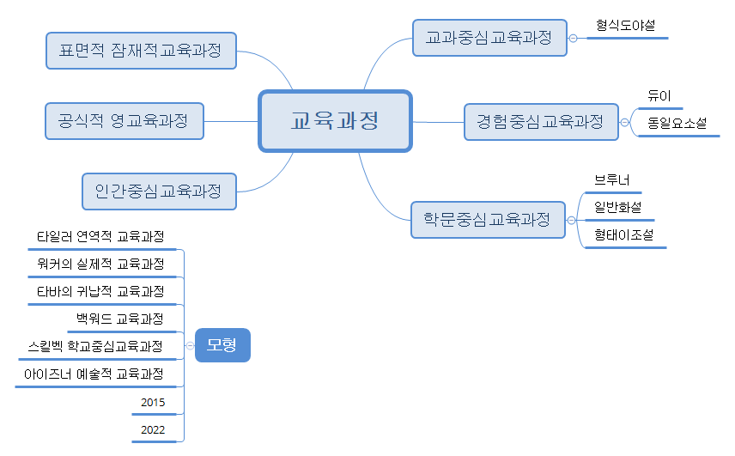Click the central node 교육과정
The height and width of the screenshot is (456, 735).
pyautogui.click(x=335, y=121)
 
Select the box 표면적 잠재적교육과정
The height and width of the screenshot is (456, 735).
pyautogui.click(x=140, y=51)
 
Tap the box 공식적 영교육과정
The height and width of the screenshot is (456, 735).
pyautogui.click(x=124, y=120)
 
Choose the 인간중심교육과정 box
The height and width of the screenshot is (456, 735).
pyautogui.click(x=159, y=191)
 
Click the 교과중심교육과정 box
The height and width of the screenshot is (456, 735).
pyautogui.click(x=489, y=38)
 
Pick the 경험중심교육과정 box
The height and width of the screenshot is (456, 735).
pyautogui.click(x=540, y=121)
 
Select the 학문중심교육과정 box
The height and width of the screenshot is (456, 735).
pyautogui.click(x=488, y=219)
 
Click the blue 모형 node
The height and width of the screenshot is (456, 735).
pyautogui.click(x=222, y=345)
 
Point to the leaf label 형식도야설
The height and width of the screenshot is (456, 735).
pyautogui.click(x=624, y=26)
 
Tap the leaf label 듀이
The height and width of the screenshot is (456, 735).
pyautogui.click(x=659, y=96)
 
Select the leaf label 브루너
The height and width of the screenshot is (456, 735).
pyautogui.click(x=612, y=179)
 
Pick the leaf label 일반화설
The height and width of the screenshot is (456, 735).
pyautogui.click(x=617, y=207)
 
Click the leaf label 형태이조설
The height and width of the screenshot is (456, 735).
pyautogui.click(x=623, y=234)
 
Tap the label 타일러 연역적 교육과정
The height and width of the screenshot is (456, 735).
pyautogui.click(x=100, y=236)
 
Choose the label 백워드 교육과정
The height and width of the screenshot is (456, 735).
pyautogui.click(x=119, y=319)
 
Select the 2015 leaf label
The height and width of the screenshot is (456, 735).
pyautogui.click(x=153, y=402)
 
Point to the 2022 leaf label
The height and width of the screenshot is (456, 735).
pyautogui.click(x=153, y=430)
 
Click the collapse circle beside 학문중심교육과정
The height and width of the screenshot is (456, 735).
pyautogui.click(x=572, y=220)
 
